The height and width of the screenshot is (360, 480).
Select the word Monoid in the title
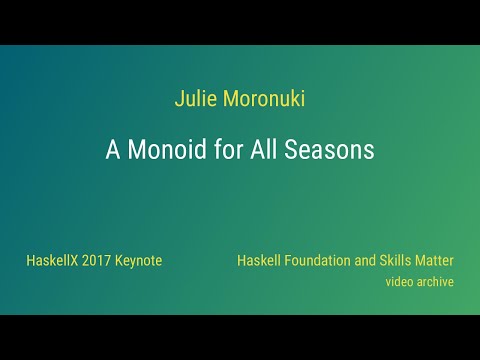[x=163, y=150]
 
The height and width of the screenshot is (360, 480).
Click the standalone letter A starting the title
[x=112, y=150]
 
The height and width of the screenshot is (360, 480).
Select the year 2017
[x=98, y=260]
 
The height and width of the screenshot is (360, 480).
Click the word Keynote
[x=140, y=260]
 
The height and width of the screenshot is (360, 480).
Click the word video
[x=400, y=282]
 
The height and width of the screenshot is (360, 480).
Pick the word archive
[x=436, y=282]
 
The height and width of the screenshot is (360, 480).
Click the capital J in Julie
[x=178, y=100]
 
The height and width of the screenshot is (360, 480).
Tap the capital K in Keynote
[x=120, y=260]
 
